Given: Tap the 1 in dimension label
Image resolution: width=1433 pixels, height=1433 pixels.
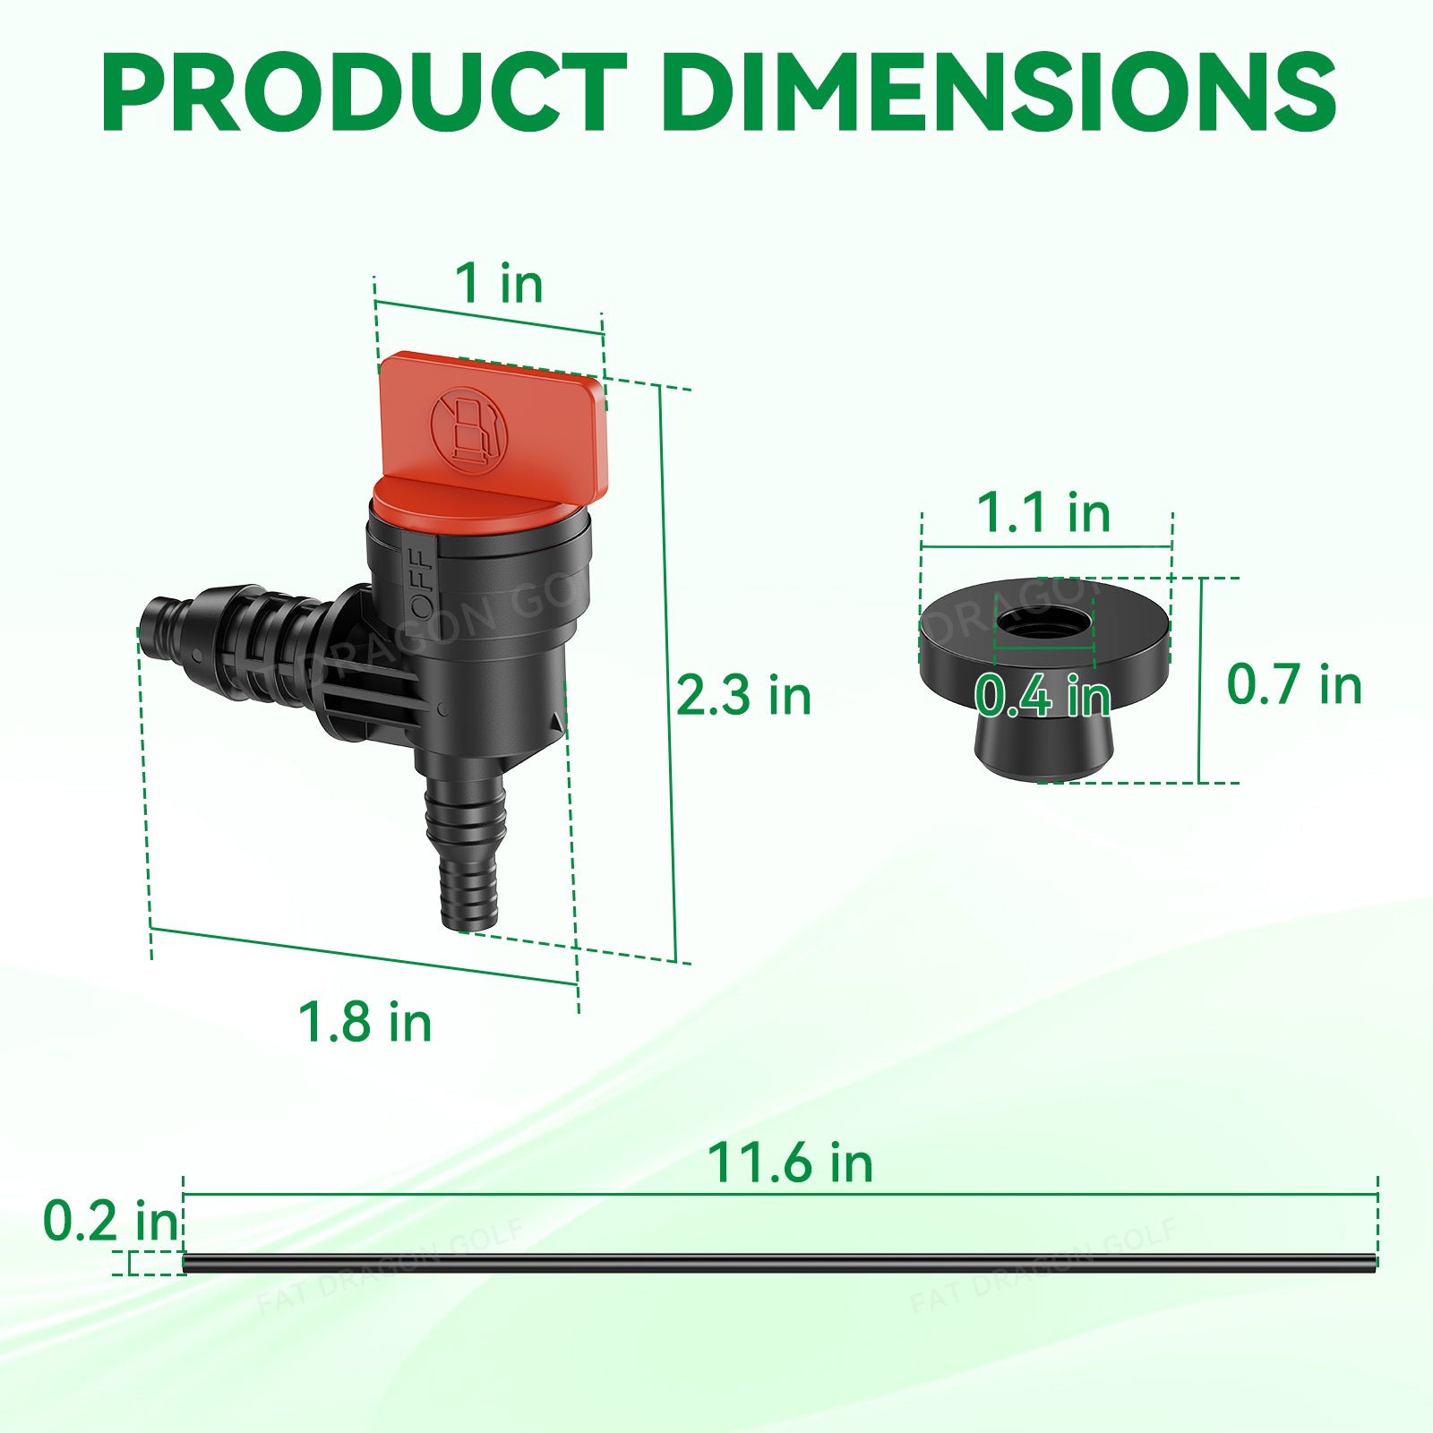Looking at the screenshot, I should (499, 284).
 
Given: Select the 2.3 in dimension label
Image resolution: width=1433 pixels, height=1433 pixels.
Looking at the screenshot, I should (743, 696).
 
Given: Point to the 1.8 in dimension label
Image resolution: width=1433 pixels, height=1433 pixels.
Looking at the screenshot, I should (365, 1022).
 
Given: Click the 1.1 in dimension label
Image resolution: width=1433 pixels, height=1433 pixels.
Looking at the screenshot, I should (1043, 513).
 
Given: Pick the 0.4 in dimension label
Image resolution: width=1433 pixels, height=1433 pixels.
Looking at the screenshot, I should (1043, 696).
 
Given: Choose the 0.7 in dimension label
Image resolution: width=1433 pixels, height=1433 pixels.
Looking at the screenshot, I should (1294, 685).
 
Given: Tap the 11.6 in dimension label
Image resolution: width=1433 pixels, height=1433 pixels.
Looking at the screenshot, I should (790, 1163).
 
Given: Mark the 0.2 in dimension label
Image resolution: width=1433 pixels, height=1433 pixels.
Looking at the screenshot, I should (111, 1221).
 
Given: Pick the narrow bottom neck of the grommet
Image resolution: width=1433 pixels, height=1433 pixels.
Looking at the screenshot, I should (1044, 748).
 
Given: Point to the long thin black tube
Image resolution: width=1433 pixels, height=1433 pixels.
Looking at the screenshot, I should (779, 1264).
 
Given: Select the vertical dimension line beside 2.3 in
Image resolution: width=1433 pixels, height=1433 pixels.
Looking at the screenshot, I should (668, 672).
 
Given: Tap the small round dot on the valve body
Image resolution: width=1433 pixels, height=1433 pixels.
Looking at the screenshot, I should (442, 708).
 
